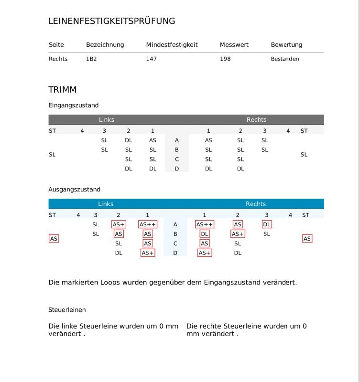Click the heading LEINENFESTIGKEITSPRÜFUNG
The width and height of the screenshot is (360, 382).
(112, 21)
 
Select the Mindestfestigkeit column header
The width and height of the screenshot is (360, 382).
(172, 45)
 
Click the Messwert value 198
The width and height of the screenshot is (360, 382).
(225, 59)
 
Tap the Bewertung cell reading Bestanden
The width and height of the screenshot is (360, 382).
(285, 59)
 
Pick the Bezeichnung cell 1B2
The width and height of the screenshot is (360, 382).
(91, 59)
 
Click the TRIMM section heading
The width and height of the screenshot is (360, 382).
(63, 90)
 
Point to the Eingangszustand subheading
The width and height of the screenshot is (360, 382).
(74, 106)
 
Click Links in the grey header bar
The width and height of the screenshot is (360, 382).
(107, 120)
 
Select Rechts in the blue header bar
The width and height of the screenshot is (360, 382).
(256, 204)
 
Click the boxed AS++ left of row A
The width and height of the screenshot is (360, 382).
(148, 224)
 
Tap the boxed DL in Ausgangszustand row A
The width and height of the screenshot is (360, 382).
(267, 224)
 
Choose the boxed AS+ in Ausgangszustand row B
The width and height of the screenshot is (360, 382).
(238, 234)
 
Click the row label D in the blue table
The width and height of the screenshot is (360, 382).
(175, 253)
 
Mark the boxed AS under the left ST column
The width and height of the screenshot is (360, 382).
(54, 238)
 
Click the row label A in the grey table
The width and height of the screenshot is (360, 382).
(177, 140)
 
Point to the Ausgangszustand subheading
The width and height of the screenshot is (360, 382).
(74, 190)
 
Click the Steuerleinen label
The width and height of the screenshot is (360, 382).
(67, 310)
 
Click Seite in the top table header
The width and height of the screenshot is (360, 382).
(56, 45)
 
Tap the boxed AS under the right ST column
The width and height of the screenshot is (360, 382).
(307, 238)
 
